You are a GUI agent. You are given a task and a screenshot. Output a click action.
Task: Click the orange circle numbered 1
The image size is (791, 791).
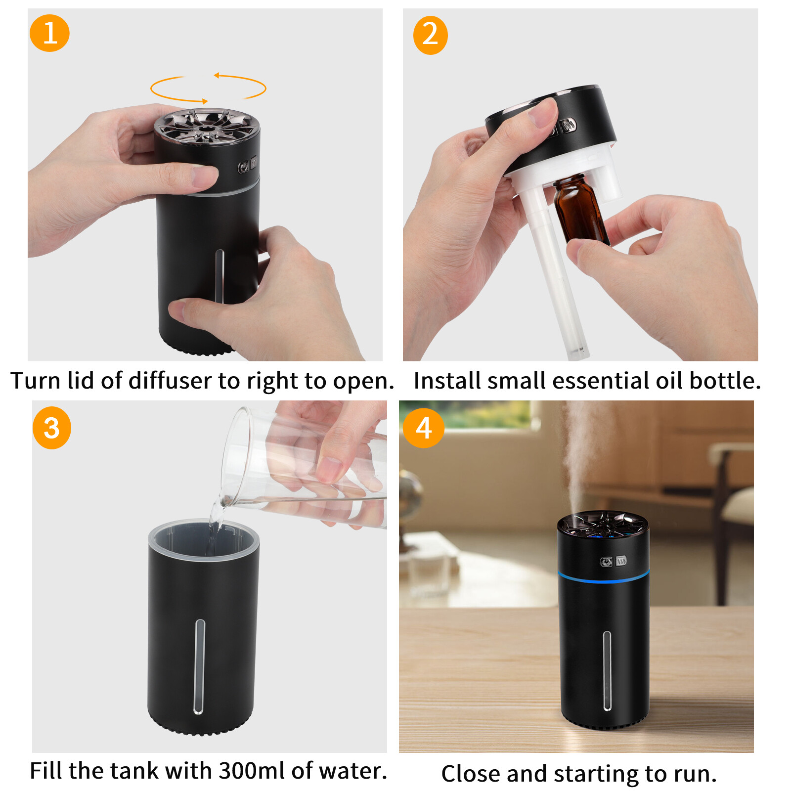point(49,33)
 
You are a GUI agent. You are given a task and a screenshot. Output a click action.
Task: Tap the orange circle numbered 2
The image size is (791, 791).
point(430,35)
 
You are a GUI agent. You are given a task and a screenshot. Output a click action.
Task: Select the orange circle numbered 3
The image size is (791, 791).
point(52,428)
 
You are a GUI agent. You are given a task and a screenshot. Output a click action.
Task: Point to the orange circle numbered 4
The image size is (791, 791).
point(423,428)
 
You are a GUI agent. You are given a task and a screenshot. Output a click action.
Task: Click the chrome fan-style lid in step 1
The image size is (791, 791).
point(207,127)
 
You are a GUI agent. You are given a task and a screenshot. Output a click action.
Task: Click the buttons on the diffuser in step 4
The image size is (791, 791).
point(614,561)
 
